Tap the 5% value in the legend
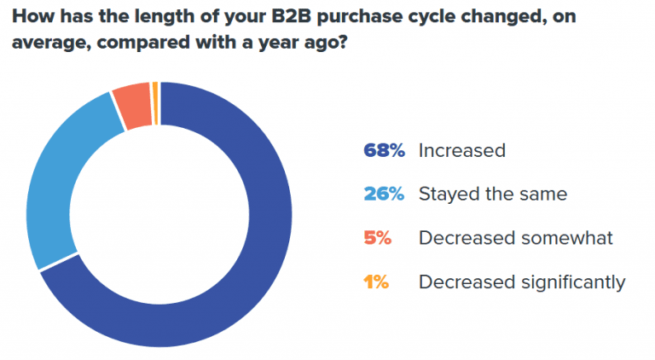click(378, 238)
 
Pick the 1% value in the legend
click(376, 282)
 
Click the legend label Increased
click(461, 151)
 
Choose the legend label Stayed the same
click(492, 195)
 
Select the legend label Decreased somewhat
click(515, 238)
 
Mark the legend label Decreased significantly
click(522, 282)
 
